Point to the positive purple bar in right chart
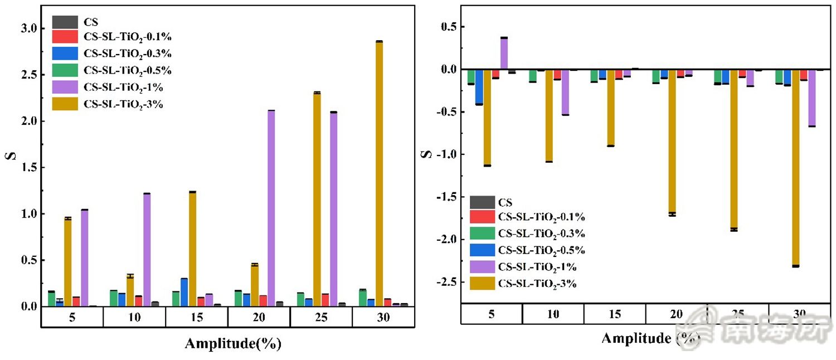504,53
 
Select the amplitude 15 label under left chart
196,318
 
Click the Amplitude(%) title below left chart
233,344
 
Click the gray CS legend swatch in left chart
65,23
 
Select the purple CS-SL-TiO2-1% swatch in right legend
482,267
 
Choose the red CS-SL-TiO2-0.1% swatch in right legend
482,217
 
